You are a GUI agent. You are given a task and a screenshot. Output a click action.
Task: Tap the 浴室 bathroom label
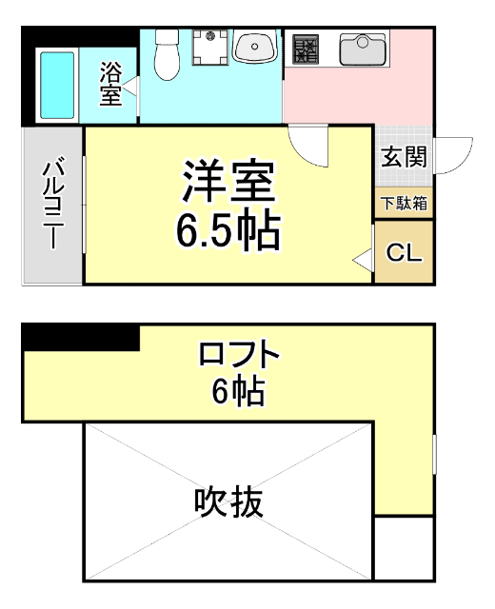click(x=110, y=84)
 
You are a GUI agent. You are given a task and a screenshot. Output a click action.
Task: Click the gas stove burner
click(x=306, y=48)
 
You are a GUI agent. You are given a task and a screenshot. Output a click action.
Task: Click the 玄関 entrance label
click(x=404, y=158)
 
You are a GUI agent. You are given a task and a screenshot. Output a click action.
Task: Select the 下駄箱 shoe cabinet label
click(x=405, y=203)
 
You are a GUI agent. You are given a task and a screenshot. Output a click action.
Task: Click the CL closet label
click(x=405, y=253)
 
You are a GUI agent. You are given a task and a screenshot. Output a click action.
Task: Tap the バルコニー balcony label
click(x=51, y=205)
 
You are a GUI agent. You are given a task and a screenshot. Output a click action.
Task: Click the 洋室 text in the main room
click(x=228, y=182)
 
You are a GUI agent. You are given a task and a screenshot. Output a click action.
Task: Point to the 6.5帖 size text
click(x=228, y=231)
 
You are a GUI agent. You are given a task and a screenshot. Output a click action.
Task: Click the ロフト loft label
click(x=239, y=357)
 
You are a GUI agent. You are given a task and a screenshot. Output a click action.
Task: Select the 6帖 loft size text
click(x=238, y=392)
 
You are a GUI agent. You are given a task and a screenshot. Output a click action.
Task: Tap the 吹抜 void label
click(x=228, y=501)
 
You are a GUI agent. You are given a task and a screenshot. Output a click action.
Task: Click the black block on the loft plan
click(x=81, y=337)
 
